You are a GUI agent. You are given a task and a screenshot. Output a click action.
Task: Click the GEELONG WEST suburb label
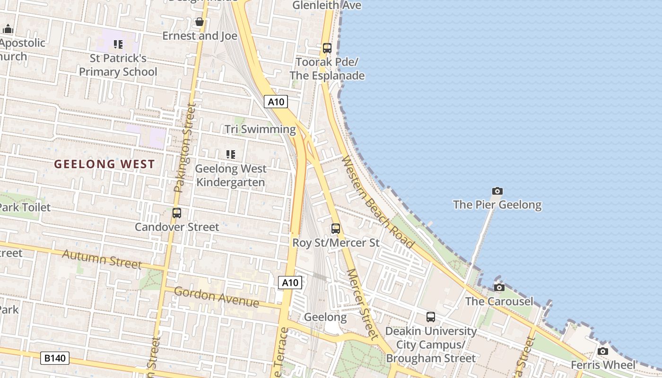[104, 164]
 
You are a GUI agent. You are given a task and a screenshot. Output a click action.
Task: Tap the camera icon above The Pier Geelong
[497, 191]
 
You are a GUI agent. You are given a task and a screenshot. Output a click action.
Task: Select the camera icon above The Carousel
[499, 288]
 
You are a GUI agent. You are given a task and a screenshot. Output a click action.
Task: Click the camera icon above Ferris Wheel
[602, 352]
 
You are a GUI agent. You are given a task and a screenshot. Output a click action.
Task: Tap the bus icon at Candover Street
[177, 213]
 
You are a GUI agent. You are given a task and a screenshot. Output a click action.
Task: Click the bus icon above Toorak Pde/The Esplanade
[327, 48]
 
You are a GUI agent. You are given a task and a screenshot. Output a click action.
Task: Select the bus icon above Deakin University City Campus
[430, 317]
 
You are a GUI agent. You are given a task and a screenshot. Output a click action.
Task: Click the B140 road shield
[54, 358]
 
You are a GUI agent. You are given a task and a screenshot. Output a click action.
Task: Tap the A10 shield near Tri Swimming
[276, 102]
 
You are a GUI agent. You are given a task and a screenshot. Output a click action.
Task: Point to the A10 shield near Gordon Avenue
[289, 283]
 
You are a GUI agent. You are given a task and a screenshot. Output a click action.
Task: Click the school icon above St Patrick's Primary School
[118, 45]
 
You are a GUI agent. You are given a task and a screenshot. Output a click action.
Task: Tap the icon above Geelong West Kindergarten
[231, 154]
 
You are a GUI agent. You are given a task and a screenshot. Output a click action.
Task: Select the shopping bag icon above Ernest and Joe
[200, 22]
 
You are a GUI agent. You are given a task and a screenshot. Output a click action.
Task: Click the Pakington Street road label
[184, 147]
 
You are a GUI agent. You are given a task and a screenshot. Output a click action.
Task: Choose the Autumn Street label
[102, 259]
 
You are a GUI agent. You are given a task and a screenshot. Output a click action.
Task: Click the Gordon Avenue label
[216, 297]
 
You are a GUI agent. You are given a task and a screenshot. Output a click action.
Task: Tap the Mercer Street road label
[363, 304]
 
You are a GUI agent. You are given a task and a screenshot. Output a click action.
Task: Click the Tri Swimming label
[260, 129]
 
